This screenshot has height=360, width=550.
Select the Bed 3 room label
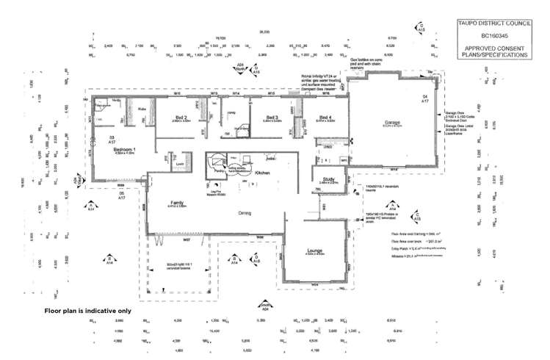point(272,118)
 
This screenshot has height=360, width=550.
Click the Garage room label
point(391,123)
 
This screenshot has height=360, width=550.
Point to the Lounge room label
point(315,251)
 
